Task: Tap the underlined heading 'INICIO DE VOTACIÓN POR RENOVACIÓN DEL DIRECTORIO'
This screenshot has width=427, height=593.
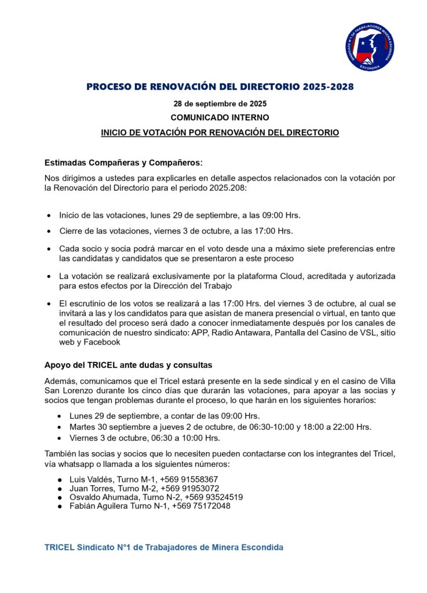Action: [220, 133]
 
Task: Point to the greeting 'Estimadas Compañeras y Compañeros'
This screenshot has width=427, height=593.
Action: [122, 163]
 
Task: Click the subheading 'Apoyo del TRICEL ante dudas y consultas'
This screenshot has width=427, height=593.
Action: [129, 365]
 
